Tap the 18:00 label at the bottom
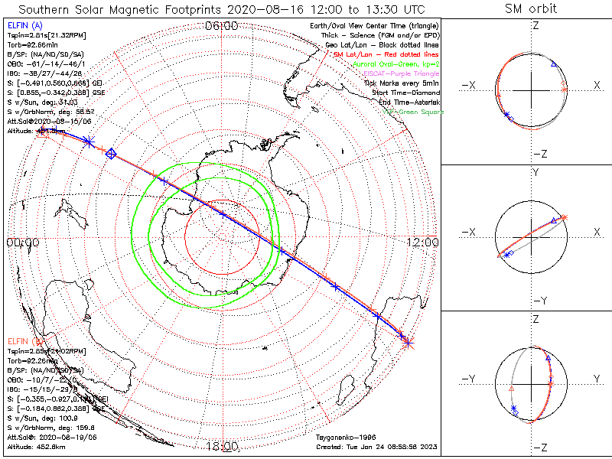222,446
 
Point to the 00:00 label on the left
22,243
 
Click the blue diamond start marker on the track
111,154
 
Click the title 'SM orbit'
531,9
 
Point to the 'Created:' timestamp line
376,446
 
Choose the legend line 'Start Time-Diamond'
405,92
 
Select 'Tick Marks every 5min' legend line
401,83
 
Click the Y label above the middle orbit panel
535,173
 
